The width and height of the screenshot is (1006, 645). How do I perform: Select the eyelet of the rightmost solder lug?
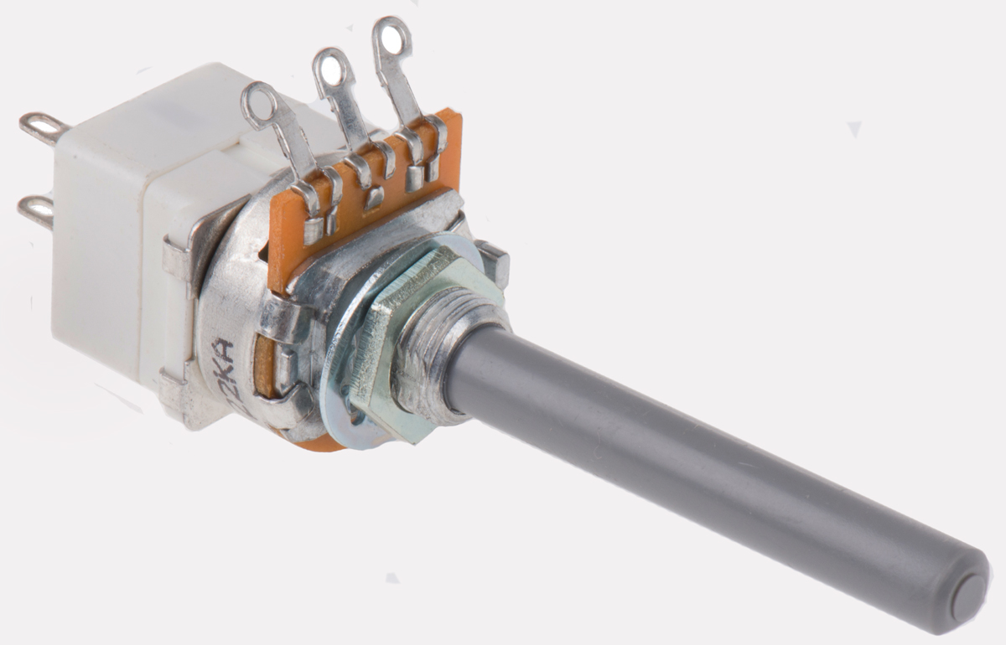(392, 36)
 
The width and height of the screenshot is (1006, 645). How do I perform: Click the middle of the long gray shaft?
(704, 469)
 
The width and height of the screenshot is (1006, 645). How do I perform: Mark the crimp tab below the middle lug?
(375, 198)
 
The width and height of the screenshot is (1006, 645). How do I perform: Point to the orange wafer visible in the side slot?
(263, 369)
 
